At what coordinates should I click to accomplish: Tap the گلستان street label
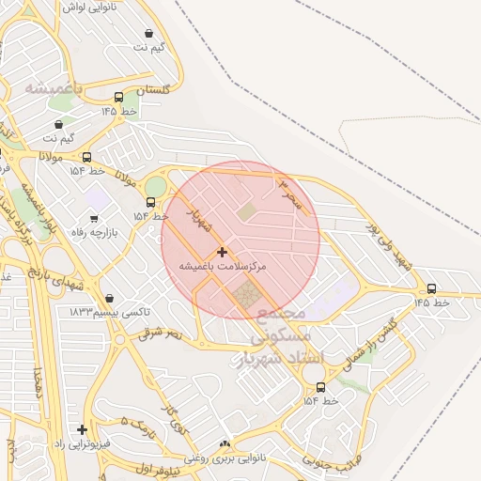(x=153, y=90)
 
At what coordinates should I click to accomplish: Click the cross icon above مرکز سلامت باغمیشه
(x=222, y=252)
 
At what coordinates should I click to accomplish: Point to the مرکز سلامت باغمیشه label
(x=223, y=268)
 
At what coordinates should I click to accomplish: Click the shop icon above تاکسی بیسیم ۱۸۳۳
(x=110, y=299)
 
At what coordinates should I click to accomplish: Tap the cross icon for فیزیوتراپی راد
(x=84, y=428)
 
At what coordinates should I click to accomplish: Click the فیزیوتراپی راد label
(x=83, y=442)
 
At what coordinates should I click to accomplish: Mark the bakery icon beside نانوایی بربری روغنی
(x=224, y=443)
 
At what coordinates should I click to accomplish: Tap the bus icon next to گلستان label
(x=118, y=97)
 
